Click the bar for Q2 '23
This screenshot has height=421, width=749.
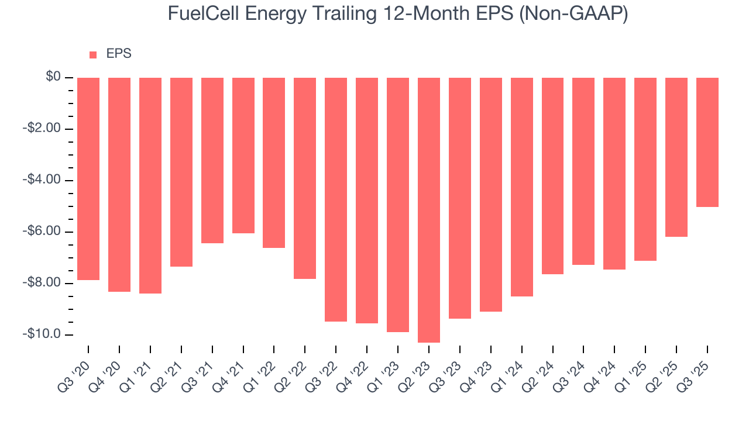point(429,210)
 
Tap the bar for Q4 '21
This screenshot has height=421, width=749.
point(243,156)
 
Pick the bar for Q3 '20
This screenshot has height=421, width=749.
point(88,179)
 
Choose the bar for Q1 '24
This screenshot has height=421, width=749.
point(522,187)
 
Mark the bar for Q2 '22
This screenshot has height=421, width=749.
point(305,178)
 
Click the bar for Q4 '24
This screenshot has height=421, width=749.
point(614,174)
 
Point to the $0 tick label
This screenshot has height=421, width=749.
point(54,77)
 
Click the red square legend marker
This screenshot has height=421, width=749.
point(93,55)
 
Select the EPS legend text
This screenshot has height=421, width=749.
point(119,54)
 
